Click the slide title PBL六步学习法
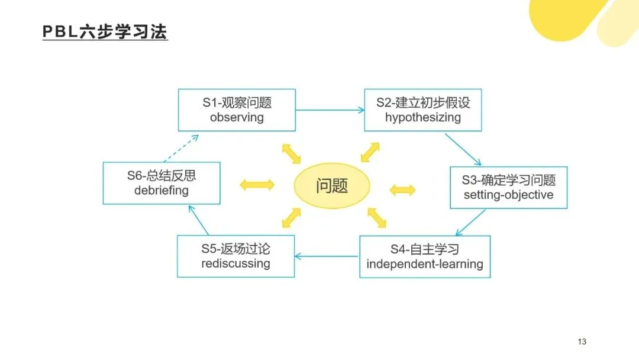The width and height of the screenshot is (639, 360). tap(105, 31)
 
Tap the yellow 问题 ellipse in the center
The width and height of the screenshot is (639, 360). tap(332, 186)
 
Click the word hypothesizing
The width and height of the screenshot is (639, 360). tap(423, 117)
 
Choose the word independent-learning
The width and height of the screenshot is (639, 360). tap(425, 264)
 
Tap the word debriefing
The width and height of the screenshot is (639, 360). tap(161, 191)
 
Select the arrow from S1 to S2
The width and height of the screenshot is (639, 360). tap(330, 110)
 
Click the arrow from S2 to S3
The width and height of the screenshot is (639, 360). tap(463, 149)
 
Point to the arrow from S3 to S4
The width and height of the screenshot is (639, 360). tap(471, 223)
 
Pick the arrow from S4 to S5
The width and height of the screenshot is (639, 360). tap(327, 256)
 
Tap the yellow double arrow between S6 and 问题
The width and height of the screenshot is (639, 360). tap(257, 185)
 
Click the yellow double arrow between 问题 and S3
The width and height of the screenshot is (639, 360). tap(403, 190)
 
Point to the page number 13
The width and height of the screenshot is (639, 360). tap(582, 342)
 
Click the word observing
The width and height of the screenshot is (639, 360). tap(237, 117)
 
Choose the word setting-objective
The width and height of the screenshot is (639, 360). tap(508, 195)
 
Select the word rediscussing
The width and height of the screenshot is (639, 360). tap(235, 263)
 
